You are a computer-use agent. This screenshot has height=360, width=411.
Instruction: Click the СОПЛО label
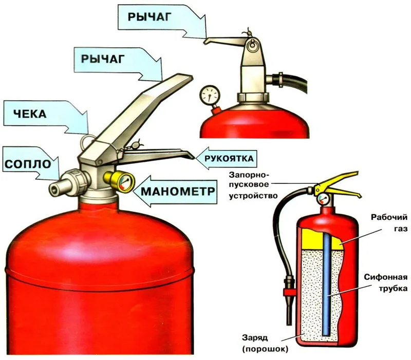(x=28, y=164)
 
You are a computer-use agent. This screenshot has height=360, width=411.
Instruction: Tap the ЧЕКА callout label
(x=30, y=114)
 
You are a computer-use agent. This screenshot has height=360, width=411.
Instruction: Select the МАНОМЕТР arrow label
(x=178, y=191)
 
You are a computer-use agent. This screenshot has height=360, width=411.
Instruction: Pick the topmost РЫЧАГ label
(x=150, y=17)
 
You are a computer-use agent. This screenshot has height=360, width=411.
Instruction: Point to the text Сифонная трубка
(x=386, y=282)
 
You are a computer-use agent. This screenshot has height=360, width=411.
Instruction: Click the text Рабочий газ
(x=389, y=223)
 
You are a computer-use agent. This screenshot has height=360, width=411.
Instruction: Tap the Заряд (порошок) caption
(x=265, y=343)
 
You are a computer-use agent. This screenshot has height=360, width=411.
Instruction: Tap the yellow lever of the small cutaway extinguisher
(x=338, y=185)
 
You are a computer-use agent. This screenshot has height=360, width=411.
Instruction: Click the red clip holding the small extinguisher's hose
(x=288, y=292)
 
